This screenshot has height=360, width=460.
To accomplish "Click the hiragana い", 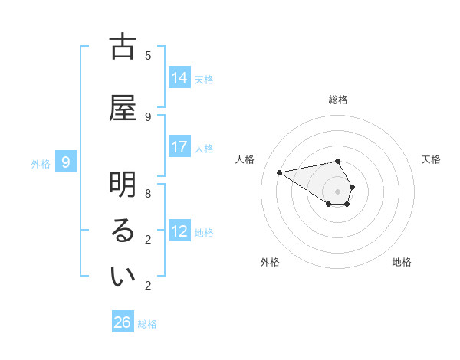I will [123, 277].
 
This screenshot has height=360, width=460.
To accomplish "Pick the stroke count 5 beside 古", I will [148, 55].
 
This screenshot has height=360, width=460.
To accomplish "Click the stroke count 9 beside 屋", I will [148, 116].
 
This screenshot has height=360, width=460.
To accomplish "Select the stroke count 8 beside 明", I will [148, 193].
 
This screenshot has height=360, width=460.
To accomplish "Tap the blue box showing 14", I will [179, 78].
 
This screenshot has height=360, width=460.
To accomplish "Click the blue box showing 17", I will [179, 147].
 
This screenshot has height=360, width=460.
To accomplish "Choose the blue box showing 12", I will [179, 231].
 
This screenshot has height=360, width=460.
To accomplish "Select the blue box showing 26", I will [123, 322].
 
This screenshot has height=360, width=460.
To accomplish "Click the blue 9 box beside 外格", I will [67, 162].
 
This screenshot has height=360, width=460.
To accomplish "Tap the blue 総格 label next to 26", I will [147, 324].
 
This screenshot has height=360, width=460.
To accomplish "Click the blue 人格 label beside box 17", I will [204, 148].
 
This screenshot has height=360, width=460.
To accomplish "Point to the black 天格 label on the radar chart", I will [431, 159].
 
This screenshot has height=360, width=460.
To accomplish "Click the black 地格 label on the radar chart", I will [402, 262].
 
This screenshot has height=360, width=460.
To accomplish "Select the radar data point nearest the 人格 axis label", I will [280, 172].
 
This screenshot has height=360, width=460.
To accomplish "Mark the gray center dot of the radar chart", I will [338, 191].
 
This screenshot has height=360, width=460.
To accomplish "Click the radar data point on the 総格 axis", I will [338, 162].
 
